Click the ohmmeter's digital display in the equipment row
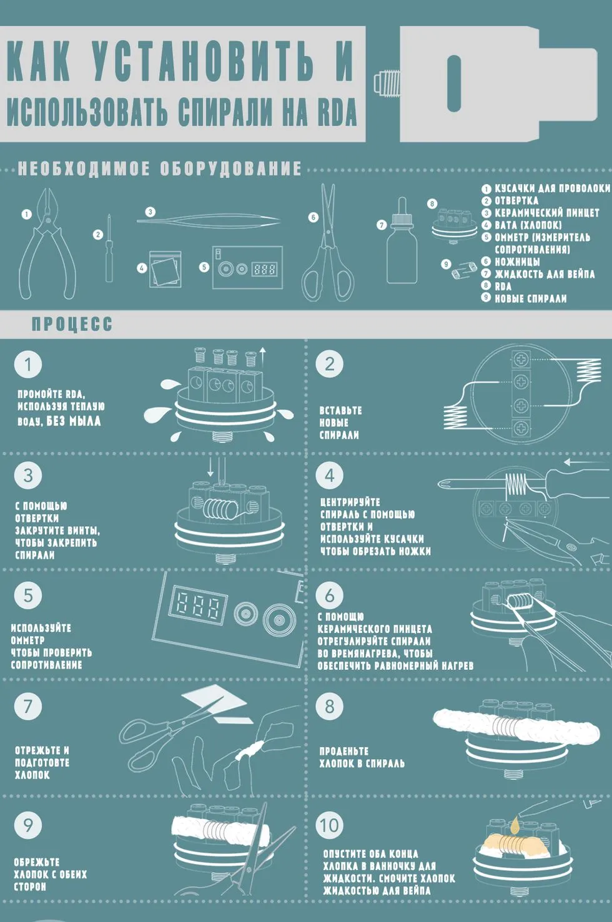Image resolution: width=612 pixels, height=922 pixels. point(265,270)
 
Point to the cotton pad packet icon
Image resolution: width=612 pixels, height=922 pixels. point(165,269)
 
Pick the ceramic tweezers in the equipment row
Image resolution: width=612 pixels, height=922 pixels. point(209,222)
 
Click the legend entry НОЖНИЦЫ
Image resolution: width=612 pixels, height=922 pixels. point(517,262)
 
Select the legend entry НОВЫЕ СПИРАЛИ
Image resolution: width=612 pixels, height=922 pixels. point(530,298)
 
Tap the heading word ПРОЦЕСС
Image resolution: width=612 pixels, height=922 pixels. point(72,325)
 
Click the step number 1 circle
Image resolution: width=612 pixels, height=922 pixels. point(28,365)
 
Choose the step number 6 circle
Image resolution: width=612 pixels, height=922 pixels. point(330,595)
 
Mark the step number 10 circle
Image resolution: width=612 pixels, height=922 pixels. point(330,825)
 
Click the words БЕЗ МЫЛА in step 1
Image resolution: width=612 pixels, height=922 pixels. point(73,421)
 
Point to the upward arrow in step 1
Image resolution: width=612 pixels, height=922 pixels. point(263,357)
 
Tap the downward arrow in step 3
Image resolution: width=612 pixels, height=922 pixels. point(210,467)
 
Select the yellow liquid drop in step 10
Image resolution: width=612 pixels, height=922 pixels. point(515,825)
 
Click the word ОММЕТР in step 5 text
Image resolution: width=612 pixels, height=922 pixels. point(27,640)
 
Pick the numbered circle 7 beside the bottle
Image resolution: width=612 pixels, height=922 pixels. point(382,225)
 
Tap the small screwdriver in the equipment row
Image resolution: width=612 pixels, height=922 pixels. point(109,248)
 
